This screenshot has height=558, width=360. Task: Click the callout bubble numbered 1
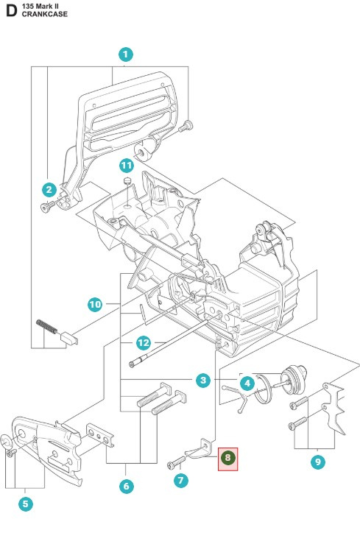click(126, 54)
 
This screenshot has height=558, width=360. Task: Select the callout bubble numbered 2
click(49, 189)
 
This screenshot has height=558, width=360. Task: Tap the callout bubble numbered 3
click(202, 380)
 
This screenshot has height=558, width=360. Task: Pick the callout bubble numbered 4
click(247, 383)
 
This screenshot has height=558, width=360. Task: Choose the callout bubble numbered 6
click(126, 486)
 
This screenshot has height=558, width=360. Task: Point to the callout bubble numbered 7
click(181, 480)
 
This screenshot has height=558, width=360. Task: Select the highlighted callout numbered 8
click(228, 459)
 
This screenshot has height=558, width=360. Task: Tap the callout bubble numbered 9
click(317, 462)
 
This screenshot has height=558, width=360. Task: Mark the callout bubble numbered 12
click(144, 342)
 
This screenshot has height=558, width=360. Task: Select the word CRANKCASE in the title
click(44, 14)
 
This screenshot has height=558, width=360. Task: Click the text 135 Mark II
click(42, 5)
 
